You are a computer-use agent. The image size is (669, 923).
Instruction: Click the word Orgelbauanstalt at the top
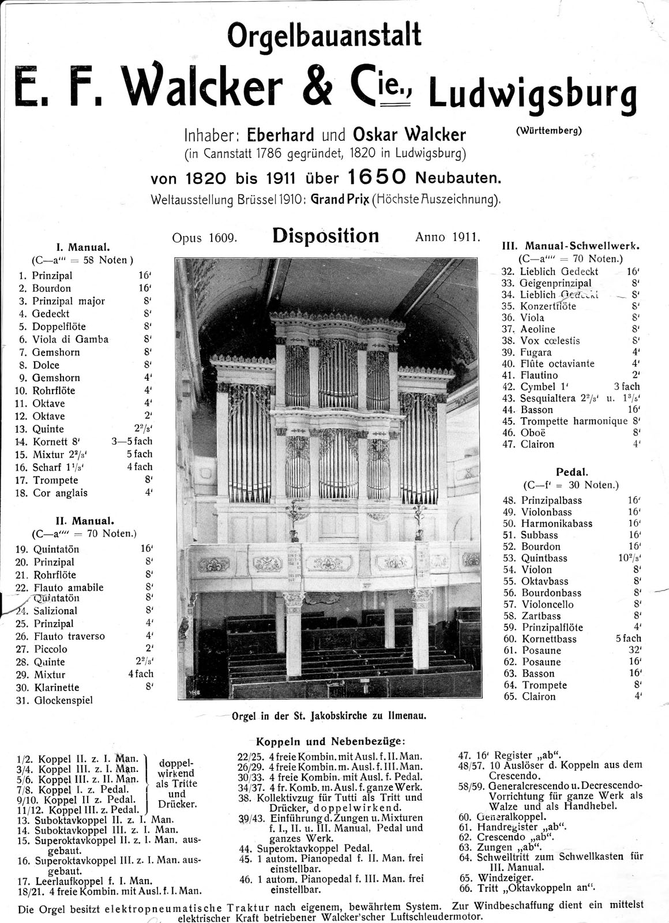tap(325, 36)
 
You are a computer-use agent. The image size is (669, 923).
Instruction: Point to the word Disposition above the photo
tap(325, 237)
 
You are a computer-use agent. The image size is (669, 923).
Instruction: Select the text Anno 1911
tap(447, 237)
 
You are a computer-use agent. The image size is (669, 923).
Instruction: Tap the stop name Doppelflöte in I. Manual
tap(59, 327)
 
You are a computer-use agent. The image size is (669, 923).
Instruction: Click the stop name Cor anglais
tap(60, 493)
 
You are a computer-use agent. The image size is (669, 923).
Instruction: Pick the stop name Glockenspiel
tap(63, 700)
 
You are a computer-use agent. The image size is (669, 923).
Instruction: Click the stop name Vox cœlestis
tap(550, 341)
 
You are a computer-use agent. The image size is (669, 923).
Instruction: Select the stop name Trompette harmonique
tap(573, 421)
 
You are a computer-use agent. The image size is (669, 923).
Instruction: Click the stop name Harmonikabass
tap(557, 524)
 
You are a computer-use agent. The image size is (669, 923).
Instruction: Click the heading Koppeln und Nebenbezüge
tap(330, 741)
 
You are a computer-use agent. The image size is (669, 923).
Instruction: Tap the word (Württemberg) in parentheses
tap(548, 130)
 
